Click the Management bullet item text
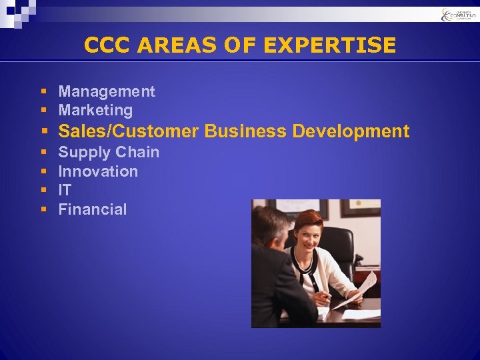(x=107, y=91)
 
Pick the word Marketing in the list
(x=95, y=110)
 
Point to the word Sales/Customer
(x=129, y=131)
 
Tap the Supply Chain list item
(x=109, y=152)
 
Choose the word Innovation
(x=98, y=171)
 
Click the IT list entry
(x=65, y=190)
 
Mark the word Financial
(x=92, y=209)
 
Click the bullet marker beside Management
(x=43, y=92)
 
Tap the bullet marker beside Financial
(x=43, y=210)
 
